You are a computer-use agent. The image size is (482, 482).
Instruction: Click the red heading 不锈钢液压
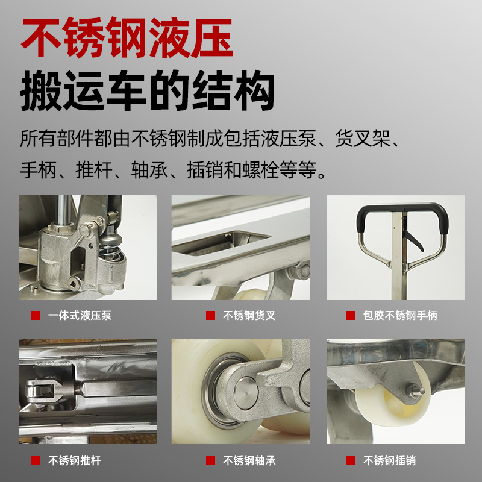pos(127,37)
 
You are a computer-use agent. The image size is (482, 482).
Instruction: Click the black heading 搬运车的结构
pos(147,90)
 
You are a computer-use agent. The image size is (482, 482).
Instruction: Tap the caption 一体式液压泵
pos(80,315)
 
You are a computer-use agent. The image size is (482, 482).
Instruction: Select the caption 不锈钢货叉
pos(249,315)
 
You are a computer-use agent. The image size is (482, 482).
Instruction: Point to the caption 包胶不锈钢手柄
pos(400,315)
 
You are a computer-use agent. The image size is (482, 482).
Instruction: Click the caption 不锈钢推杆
pos(75,460)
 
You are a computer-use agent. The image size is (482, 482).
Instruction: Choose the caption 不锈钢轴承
pos(249,460)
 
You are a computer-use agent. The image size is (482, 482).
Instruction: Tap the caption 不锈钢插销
pos(389,460)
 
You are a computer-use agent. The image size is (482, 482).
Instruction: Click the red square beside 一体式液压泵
pos(36,315)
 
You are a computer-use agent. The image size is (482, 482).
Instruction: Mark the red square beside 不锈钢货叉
pos(210,315)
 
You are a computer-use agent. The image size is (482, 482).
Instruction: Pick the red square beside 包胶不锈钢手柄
pos(351,315)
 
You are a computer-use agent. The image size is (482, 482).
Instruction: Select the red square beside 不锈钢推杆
pos(36,460)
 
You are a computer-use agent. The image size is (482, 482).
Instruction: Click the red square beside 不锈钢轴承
pos(210,460)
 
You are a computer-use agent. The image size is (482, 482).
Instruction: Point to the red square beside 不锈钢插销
pos(351,460)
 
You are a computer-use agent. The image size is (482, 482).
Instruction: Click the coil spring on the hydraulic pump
pos(110,249)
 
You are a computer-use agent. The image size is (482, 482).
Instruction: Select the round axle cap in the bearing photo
pos(246,393)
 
